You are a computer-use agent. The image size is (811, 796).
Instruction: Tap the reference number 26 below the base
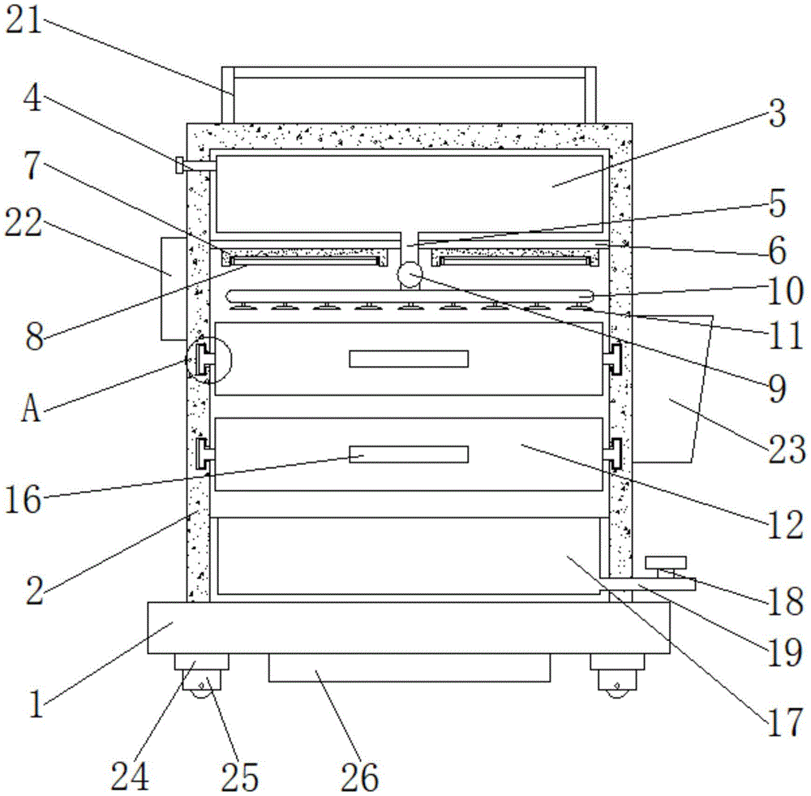[x=359, y=777]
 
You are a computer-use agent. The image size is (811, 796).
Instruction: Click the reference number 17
[x=783, y=722]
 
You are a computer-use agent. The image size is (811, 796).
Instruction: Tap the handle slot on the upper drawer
[x=409, y=359]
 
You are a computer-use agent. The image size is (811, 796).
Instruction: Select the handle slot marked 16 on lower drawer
[x=409, y=454]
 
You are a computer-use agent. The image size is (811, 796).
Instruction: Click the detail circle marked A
[x=208, y=359]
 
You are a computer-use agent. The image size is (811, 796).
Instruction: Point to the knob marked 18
[x=665, y=562]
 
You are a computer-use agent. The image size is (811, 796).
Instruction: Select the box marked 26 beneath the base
[x=409, y=668]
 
